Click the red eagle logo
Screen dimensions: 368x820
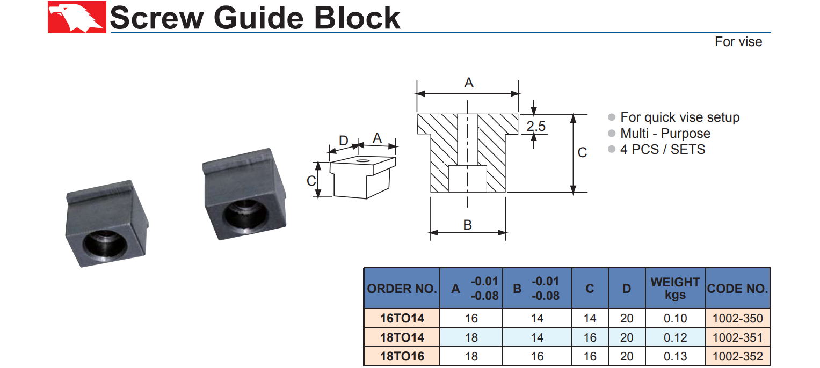pos(77,18)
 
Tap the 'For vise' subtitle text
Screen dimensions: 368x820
pos(738,42)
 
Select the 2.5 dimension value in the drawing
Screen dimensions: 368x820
pos(535,127)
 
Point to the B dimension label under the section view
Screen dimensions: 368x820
pos(468,225)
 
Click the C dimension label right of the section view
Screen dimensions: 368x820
pos(582,153)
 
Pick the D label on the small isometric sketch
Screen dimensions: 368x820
pos(344,141)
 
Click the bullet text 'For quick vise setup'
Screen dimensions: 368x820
pos(680,117)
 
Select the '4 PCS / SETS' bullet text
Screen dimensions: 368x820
pos(663,150)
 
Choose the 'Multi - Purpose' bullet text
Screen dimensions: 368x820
pos(665,134)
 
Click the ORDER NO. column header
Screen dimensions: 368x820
pos(402,289)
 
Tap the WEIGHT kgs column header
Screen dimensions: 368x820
pos(675,288)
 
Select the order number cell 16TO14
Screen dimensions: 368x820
pos(402,319)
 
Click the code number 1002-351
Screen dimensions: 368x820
pos(737,338)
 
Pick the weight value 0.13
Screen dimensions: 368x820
pos(675,357)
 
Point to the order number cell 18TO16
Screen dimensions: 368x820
pos(402,357)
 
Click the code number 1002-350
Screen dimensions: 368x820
pos(737,319)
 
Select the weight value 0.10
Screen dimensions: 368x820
pos(675,319)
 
